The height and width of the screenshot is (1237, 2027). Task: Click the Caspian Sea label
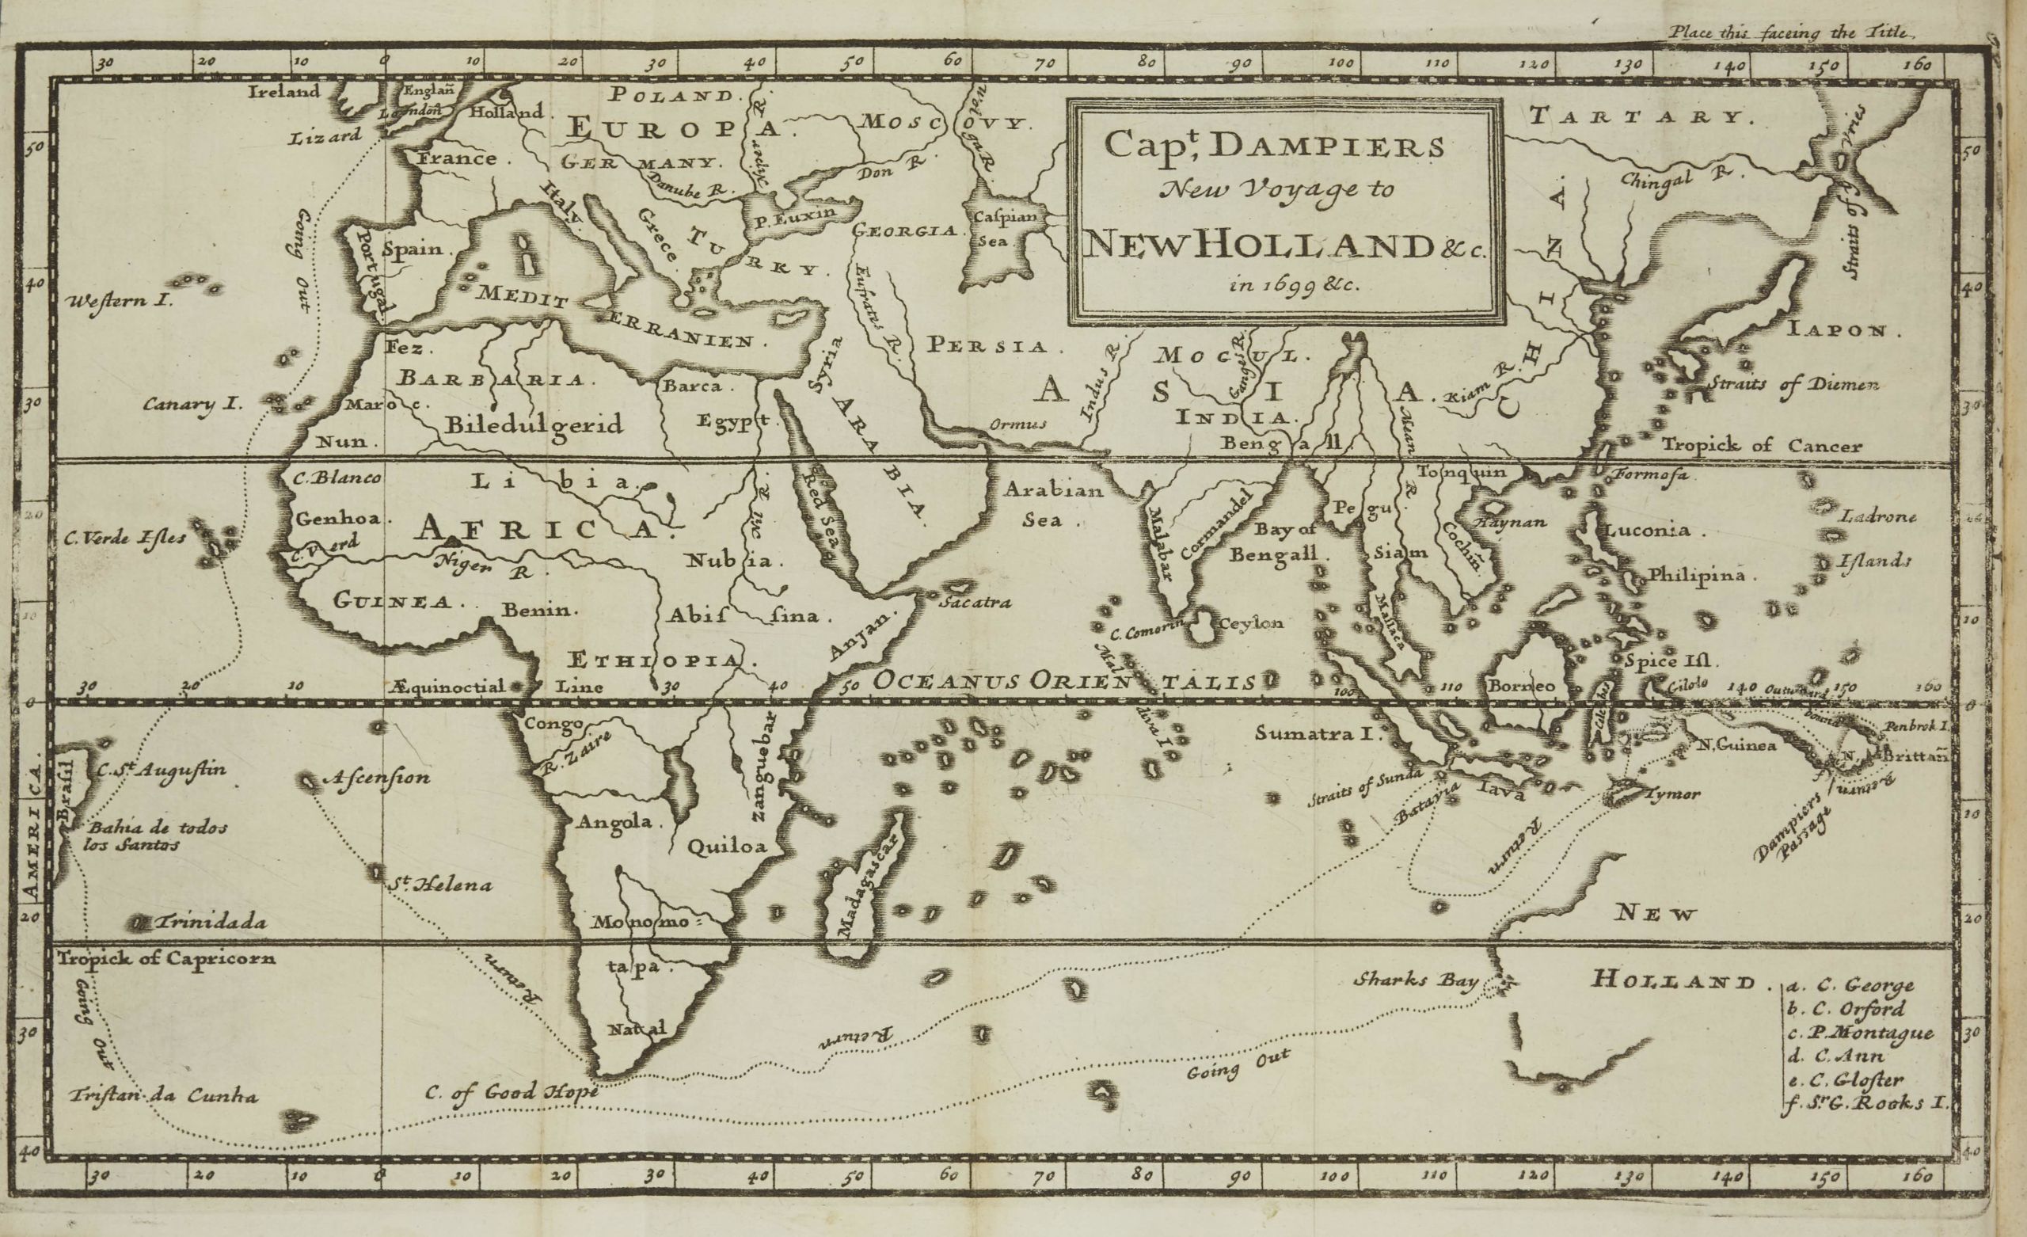coord(998,229)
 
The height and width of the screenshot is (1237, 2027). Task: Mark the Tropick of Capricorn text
coord(166,958)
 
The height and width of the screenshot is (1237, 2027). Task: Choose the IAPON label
coord(1843,330)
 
